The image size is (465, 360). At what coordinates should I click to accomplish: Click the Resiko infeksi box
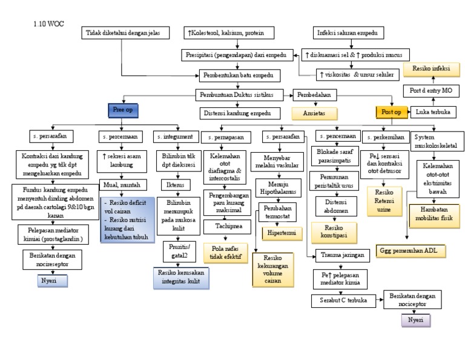pyautogui.click(x=431, y=69)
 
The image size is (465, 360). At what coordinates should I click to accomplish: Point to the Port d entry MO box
pyautogui.click(x=431, y=91)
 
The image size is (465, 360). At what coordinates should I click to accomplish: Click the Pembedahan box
pyautogui.click(x=315, y=95)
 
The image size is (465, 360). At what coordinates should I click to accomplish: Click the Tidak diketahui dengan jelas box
pyautogui.click(x=121, y=32)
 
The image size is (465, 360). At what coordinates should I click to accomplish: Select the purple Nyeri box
pyautogui.click(x=415, y=320)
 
